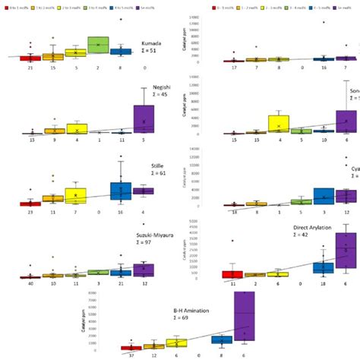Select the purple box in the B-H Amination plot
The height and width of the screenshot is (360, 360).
pyautogui.click(x=245, y=326)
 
